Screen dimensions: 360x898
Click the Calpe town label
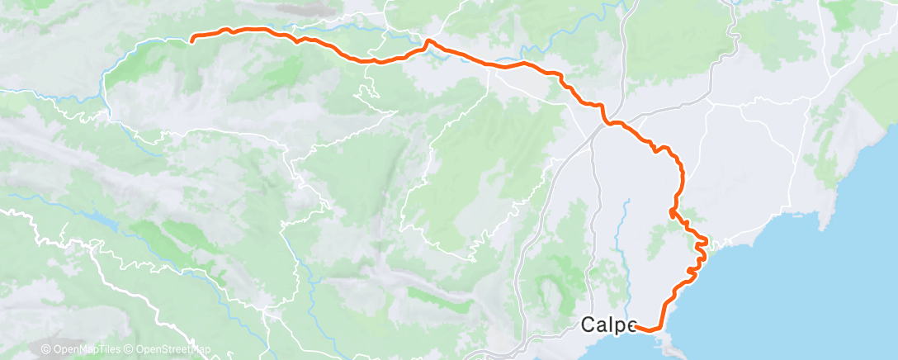click(607, 324)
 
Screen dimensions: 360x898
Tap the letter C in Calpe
click(588, 324)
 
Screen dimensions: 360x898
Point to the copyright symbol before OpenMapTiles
click(45, 350)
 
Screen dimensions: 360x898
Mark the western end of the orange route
click(192, 39)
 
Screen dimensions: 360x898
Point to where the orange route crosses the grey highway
click(607, 123)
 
